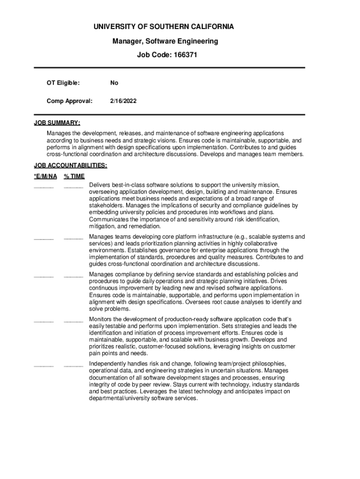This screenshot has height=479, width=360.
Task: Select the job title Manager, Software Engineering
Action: coord(165,41)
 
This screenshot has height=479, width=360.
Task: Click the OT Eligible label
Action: coord(63,83)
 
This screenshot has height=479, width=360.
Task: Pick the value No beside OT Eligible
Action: coord(114,83)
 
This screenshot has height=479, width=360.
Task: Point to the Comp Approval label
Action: coord(69,101)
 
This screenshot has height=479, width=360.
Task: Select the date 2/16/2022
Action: coord(123,101)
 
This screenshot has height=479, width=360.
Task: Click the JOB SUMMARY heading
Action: coord(57,123)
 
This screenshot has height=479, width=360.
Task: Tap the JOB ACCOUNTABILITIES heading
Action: coord(71,165)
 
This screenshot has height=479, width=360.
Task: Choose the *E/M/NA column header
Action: coord(45,176)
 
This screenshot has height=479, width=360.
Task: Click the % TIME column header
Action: coord(74,176)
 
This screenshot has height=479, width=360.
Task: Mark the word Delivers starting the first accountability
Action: coord(101,185)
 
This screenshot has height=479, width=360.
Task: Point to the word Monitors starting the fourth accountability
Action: coord(103,319)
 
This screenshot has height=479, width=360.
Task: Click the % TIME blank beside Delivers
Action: coord(73,187)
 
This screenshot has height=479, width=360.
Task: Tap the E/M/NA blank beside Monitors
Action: coord(44,321)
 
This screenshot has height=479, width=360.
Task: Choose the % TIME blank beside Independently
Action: coord(73,366)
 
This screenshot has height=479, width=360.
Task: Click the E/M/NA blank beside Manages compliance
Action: coord(44,276)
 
